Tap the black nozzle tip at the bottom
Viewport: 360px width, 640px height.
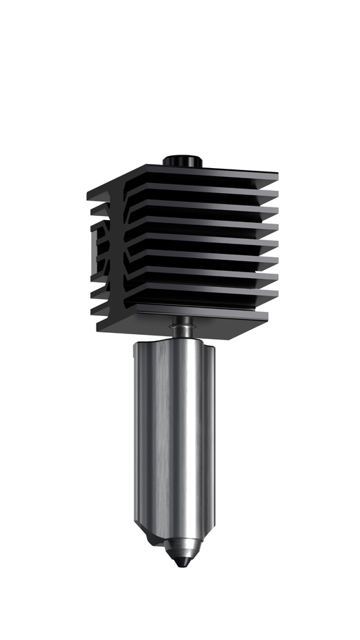click(x=180, y=560)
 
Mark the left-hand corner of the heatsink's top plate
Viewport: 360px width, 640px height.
click(x=90, y=196)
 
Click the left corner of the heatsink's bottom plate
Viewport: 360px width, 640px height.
click(x=99, y=329)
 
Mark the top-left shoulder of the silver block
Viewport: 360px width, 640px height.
click(x=142, y=346)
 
